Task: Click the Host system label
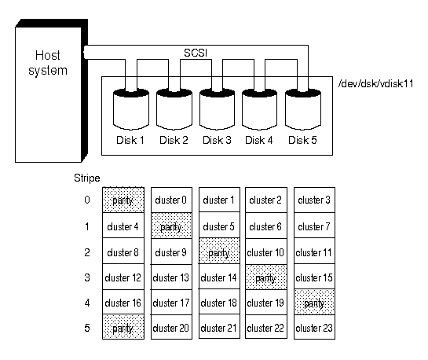click(x=48, y=63)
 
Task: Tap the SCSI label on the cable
click(x=196, y=53)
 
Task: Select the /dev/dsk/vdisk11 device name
click(x=375, y=83)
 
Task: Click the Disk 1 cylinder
click(x=131, y=109)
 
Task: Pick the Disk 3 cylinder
click(x=217, y=109)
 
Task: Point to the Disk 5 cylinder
click(x=303, y=109)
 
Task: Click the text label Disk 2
click(x=174, y=140)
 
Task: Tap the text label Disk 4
click(x=259, y=140)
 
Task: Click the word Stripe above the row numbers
click(x=87, y=178)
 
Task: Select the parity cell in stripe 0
click(x=123, y=200)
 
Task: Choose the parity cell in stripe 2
click(x=219, y=251)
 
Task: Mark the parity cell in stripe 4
click(x=314, y=302)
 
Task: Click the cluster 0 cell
click(x=171, y=200)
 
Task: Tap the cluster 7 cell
click(x=314, y=226)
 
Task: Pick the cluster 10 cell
click(x=266, y=251)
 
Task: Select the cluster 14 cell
click(x=219, y=277)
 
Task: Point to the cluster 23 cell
click(x=314, y=327)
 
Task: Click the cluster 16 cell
click(x=123, y=302)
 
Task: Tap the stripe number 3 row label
click(x=87, y=277)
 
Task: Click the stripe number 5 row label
click(x=87, y=328)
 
